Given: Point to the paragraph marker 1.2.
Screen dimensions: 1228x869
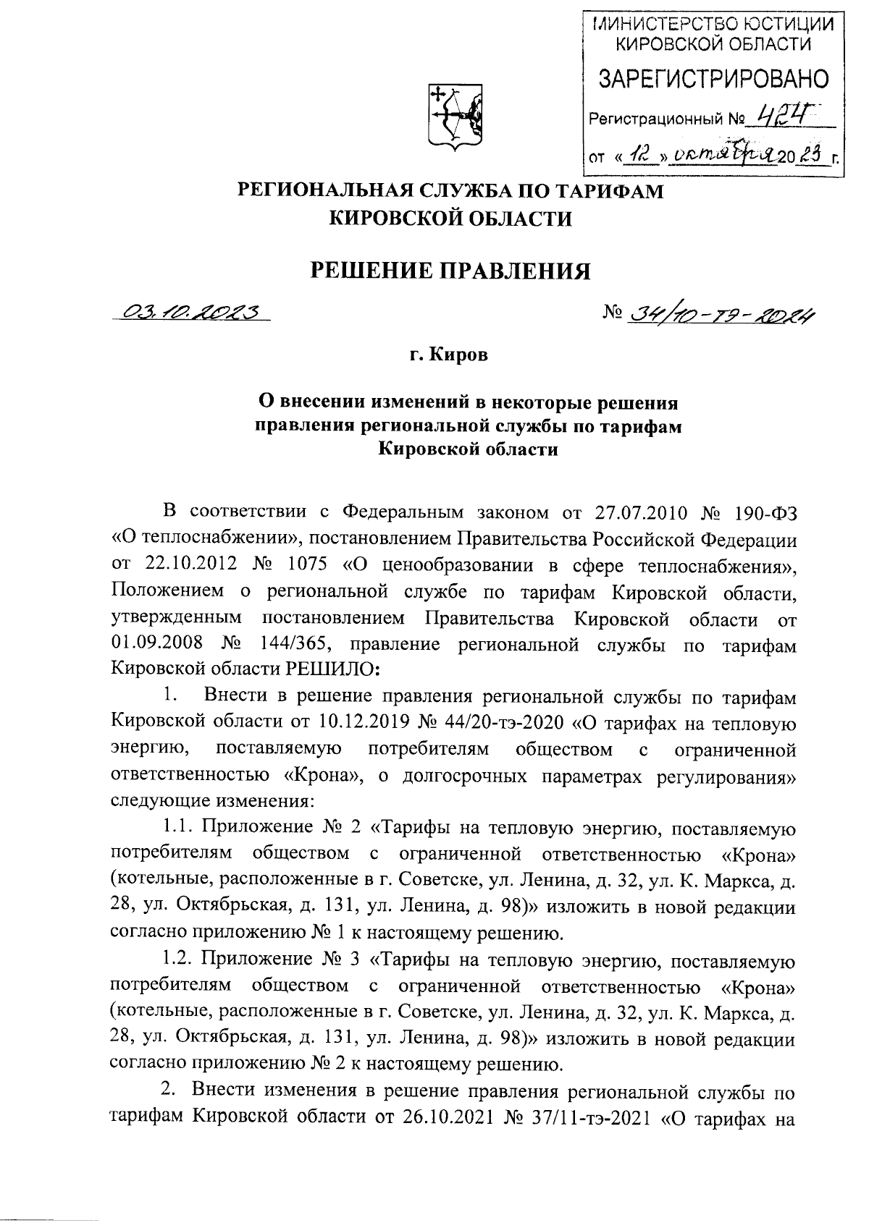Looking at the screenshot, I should click(x=176, y=962).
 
